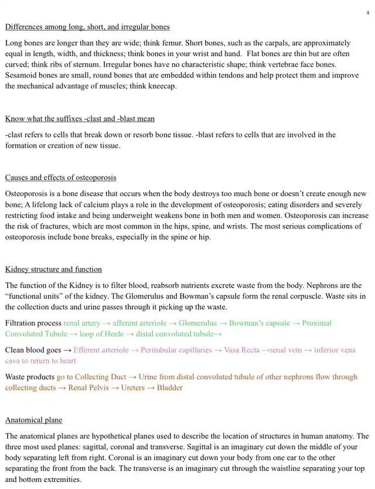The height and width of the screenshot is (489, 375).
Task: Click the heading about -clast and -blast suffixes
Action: (x=80, y=118)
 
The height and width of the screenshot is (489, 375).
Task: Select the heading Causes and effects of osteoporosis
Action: (x=61, y=177)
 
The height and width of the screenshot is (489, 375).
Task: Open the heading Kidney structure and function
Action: (x=53, y=269)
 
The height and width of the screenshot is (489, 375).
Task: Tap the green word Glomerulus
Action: (x=197, y=323)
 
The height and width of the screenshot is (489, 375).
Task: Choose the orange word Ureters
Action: (x=132, y=388)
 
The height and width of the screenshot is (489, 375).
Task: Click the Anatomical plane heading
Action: (x=33, y=420)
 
